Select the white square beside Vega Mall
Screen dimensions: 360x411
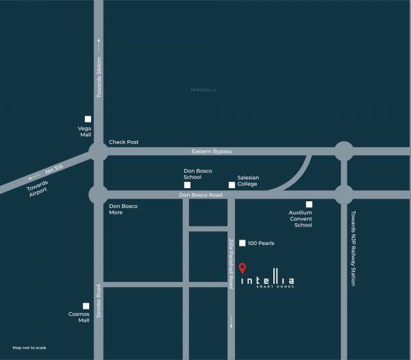88,119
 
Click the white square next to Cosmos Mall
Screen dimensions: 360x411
86,306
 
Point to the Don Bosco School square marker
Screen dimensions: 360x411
186,185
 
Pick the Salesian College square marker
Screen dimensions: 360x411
232,185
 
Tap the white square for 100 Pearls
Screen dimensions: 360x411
242,243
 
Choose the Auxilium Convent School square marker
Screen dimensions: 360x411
309,204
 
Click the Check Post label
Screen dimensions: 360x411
124,142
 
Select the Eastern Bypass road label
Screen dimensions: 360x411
212,151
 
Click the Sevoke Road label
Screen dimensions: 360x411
98,299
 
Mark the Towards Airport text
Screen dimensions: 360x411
38,188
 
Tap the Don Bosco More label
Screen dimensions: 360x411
124,209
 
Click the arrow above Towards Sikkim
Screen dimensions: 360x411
99,42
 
